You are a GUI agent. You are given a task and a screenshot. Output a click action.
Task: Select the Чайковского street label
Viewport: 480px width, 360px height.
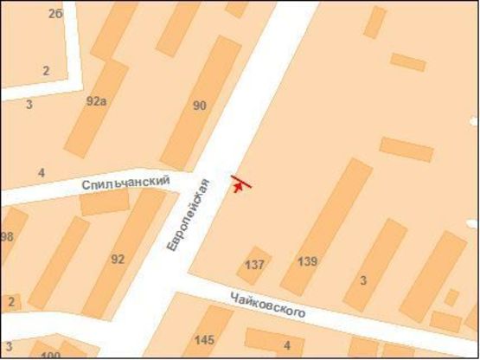pos(268,305)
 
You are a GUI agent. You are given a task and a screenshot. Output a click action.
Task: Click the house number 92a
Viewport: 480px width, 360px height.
pos(96,100)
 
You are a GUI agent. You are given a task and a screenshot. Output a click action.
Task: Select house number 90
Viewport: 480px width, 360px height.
pos(200,106)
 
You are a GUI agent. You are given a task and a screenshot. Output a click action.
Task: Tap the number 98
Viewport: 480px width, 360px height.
pos(7,237)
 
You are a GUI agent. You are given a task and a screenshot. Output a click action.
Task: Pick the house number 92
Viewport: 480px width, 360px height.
pos(118,259)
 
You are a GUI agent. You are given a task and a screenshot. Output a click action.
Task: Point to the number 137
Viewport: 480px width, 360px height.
pos(255,264)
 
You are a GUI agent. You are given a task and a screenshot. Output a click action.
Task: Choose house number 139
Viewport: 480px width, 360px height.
pos(307,261)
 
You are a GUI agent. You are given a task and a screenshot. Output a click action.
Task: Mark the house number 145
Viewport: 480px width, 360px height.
pos(205,339)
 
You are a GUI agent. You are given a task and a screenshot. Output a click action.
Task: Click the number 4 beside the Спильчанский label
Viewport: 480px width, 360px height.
pos(42,173)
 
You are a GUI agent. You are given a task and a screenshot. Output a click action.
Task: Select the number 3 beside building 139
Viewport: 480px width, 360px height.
pos(363,280)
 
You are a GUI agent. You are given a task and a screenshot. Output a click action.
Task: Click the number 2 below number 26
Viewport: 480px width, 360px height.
pos(46,71)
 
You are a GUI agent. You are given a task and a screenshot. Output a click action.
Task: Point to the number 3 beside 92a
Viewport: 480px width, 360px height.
pos(29,105)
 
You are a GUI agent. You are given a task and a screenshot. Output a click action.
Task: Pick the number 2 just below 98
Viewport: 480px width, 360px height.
pos(10,302)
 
